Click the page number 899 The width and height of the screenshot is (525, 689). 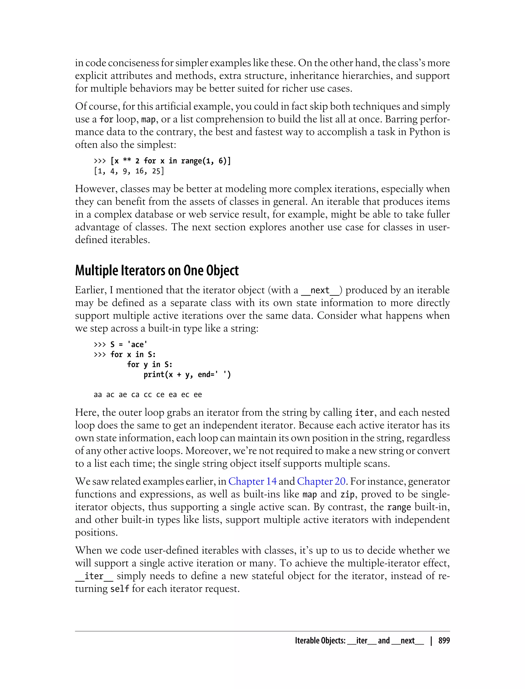(444, 641)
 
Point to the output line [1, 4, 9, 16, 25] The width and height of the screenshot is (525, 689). (129, 171)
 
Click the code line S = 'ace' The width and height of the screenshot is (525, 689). (128, 344)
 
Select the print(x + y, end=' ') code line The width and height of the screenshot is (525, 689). (187, 374)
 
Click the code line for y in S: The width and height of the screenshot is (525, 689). (149, 364)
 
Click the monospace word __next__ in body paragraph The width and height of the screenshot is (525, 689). (320, 290)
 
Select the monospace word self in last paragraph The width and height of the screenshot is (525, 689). (120, 589)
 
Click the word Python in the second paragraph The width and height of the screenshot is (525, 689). (416, 132)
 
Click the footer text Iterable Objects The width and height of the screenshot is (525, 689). (320, 641)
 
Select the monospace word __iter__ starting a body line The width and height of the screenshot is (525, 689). (94, 576)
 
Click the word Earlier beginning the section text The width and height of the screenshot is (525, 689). (90, 290)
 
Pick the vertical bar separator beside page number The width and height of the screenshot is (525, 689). (431, 641)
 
